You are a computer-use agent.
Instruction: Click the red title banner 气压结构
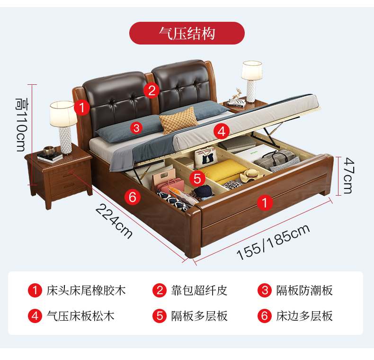(187, 33)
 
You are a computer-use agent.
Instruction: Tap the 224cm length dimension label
(114, 221)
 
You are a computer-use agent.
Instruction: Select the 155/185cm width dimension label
(273, 242)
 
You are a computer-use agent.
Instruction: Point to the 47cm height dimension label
(348, 175)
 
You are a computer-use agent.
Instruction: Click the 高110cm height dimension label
(22, 125)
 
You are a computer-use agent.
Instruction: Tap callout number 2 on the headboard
(151, 90)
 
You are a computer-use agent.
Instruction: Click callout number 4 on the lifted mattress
(222, 131)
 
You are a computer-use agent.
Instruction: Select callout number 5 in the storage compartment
(197, 178)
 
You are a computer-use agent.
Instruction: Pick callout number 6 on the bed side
(133, 197)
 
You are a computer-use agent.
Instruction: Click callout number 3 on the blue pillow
(136, 128)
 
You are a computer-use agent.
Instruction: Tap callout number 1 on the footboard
(265, 202)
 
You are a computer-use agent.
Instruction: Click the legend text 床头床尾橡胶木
(86, 290)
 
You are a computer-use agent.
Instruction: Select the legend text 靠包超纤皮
(199, 290)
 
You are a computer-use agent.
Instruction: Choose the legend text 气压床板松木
(80, 316)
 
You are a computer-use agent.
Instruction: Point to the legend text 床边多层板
(304, 316)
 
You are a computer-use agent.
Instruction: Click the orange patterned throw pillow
(178, 120)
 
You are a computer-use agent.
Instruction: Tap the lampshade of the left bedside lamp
(63, 113)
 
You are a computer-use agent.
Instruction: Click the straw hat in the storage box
(251, 175)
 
